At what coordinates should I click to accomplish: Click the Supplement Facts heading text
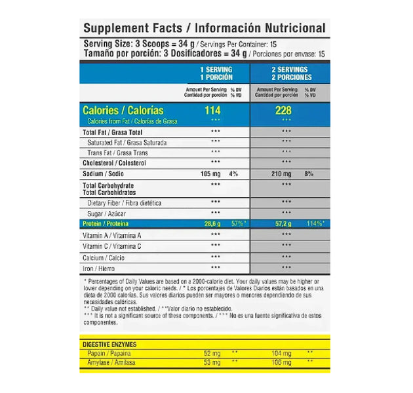[203, 28]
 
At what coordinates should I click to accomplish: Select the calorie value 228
[283, 111]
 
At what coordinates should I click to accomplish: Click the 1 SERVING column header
[216, 73]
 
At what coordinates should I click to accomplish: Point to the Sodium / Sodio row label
[104, 174]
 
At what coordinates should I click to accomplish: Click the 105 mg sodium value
[211, 174]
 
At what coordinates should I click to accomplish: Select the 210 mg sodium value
[281, 174]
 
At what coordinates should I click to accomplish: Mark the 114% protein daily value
[315, 224]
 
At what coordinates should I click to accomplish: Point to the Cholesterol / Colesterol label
[114, 163]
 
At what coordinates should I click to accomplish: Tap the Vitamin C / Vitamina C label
[112, 246]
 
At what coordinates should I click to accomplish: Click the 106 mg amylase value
[281, 362]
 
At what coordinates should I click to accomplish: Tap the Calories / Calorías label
[123, 111]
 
